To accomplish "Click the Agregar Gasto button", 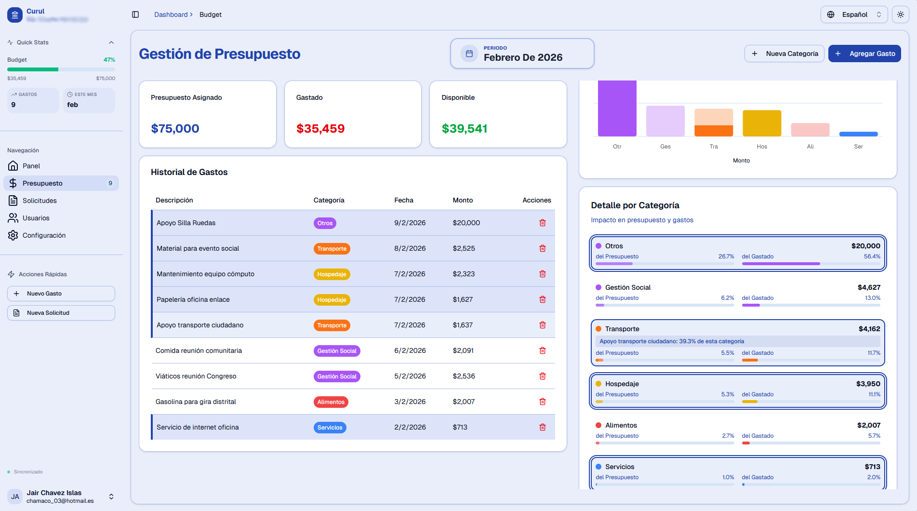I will tap(864, 54).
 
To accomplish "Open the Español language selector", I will tap(854, 14).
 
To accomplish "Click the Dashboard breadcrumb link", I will tap(171, 14).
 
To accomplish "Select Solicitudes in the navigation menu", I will tap(40, 201).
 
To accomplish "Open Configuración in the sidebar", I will tap(44, 235).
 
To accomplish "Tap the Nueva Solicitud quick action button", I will tap(61, 313).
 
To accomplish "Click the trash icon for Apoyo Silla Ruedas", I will tap(542, 223).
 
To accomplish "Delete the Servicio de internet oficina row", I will tap(542, 427).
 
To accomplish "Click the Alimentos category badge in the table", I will tap(331, 402).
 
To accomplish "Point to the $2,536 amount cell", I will tap(464, 376).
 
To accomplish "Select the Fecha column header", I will tap(403, 200).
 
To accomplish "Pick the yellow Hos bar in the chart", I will tap(761, 123).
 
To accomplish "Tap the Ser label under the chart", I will tap(858, 147).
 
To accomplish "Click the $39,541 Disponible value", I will tap(464, 129).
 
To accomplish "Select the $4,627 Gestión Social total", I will tap(868, 287).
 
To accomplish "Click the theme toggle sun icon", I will tap(900, 14).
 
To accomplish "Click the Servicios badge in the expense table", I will tap(330, 428).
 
